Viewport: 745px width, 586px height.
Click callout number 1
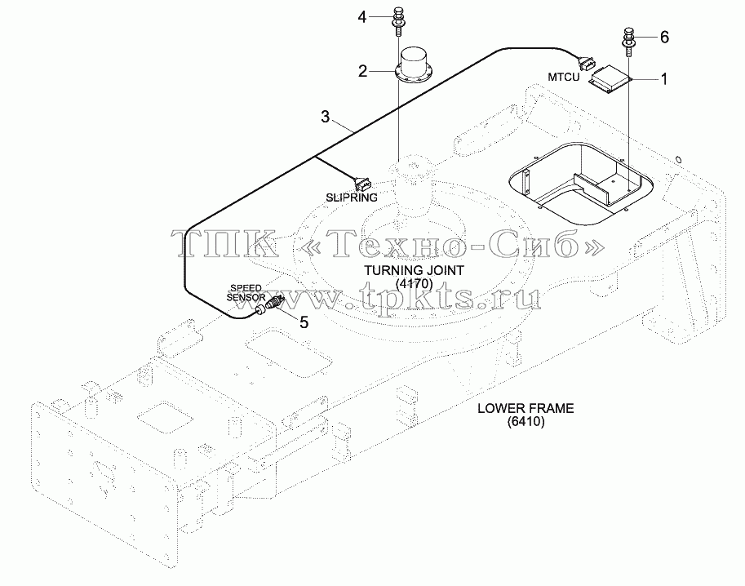(x=664, y=79)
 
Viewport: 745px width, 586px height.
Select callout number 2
(x=362, y=72)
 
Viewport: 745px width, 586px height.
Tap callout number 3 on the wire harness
(x=325, y=117)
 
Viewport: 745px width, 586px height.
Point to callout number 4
(x=362, y=18)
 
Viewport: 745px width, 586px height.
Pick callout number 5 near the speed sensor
(x=304, y=322)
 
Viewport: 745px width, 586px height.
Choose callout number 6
(x=664, y=37)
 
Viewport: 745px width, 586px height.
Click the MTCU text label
(x=564, y=77)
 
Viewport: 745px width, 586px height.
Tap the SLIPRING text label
(x=352, y=198)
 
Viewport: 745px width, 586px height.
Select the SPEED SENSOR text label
(x=246, y=293)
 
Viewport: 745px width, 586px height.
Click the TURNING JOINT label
(x=414, y=270)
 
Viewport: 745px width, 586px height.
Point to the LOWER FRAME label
(x=525, y=408)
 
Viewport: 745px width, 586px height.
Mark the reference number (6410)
(x=525, y=421)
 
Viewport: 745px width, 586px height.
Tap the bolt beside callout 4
(x=397, y=22)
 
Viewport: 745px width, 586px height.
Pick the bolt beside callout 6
(x=628, y=42)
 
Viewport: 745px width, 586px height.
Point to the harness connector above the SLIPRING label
(x=361, y=183)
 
